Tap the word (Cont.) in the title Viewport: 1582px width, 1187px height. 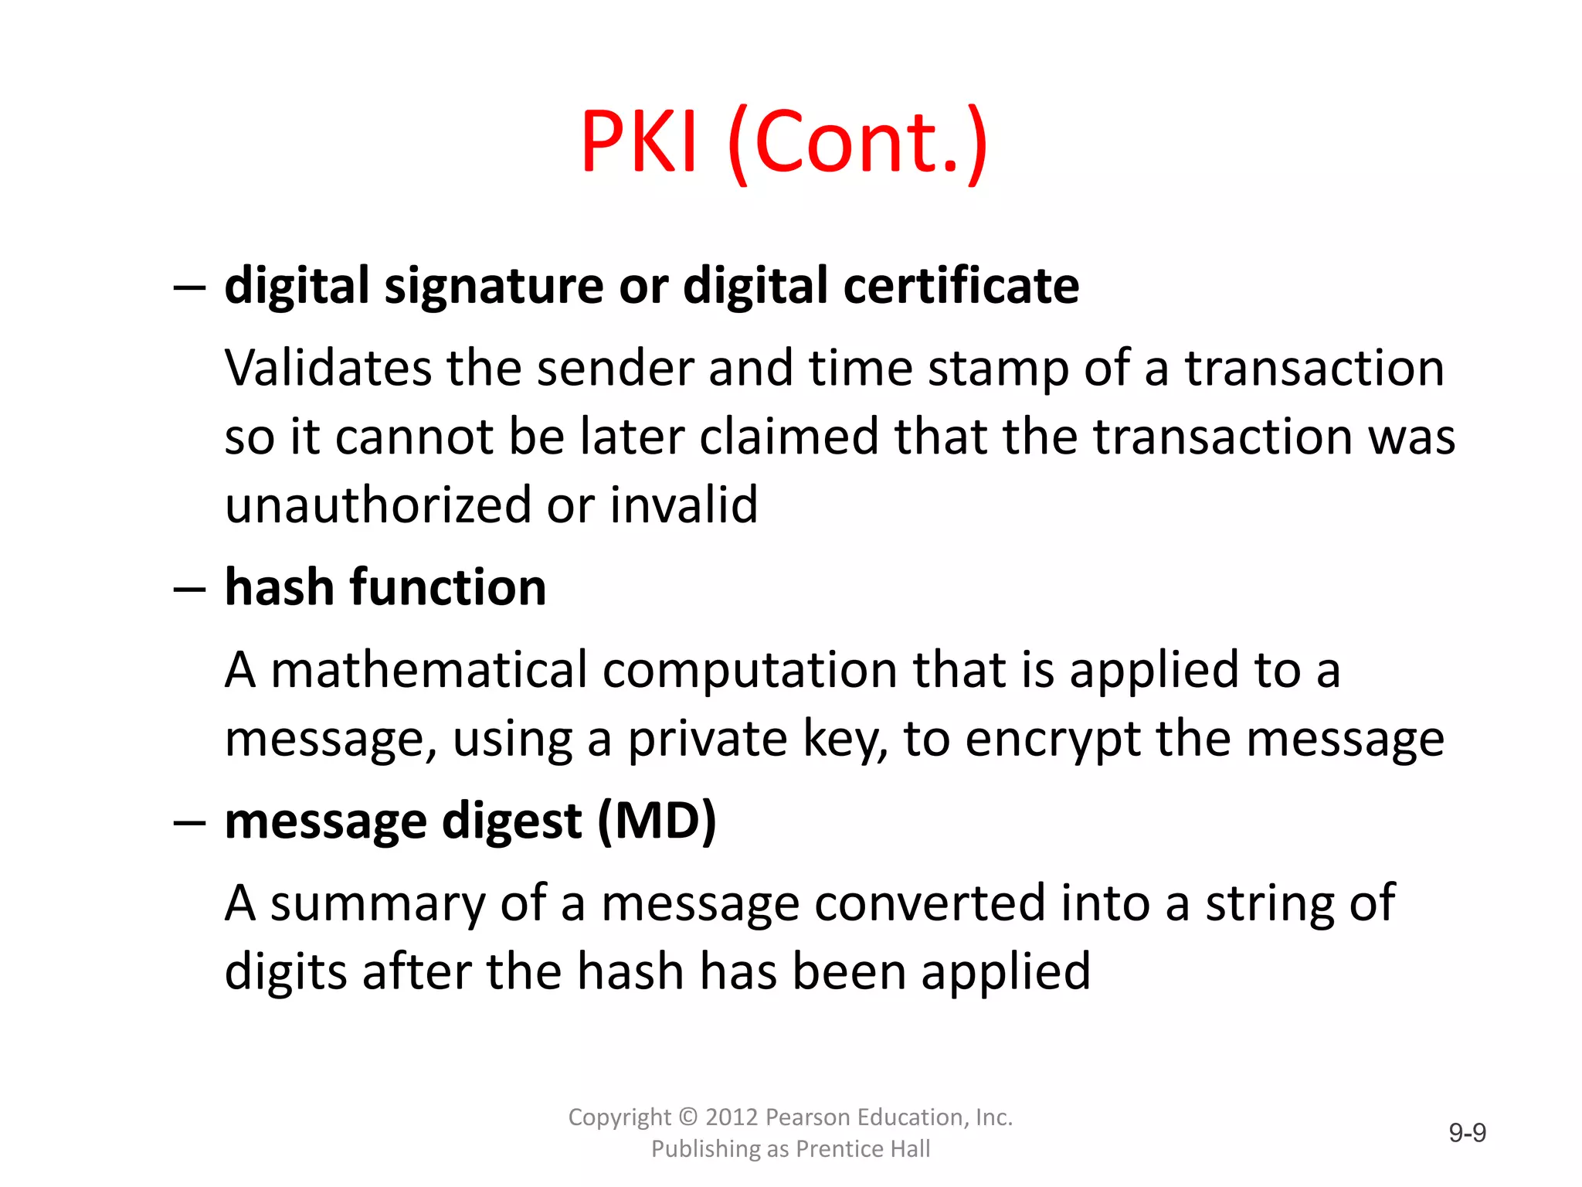pos(857,143)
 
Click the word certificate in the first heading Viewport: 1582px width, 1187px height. pos(961,285)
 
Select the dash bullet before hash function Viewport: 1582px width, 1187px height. pos(189,590)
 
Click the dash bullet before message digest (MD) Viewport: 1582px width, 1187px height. pos(189,822)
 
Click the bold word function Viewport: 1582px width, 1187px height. pos(448,587)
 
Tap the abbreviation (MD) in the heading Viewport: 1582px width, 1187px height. pos(657,821)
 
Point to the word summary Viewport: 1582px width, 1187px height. pos(378,904)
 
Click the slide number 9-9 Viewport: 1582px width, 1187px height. pos(1467,1133)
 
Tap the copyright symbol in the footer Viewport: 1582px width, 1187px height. pos(687,1117)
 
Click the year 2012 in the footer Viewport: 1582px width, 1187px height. pos(731,1117)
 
